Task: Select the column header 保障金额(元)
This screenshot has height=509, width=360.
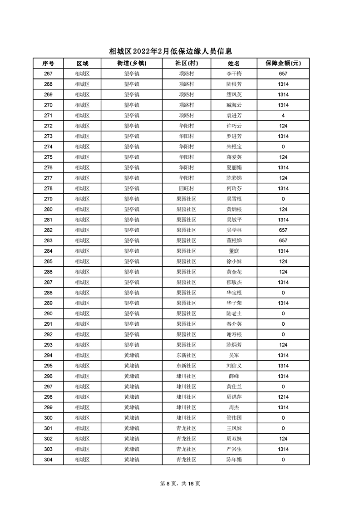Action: (x=283, y=63)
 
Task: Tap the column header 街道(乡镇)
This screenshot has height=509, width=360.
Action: (x=132, y=63)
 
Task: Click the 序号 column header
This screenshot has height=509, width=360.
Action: (x=48, y=63)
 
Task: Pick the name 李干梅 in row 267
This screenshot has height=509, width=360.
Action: (x=234, y=73)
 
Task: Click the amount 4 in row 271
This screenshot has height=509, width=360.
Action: (x=283, y=115)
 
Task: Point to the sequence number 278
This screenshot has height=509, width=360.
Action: (x=48, y=188)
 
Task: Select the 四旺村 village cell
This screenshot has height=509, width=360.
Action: (x=186, y=188)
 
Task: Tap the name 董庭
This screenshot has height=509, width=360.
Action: (x=234, y=251)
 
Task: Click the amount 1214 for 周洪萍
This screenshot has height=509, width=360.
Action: (x=283, y=397)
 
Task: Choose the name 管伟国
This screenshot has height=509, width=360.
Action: (x=234, y=418)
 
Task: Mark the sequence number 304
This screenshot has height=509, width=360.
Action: (x=48, y=460)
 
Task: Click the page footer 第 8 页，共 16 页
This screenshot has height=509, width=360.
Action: (x=180, y=484)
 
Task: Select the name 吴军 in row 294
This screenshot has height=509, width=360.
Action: (x=234, y=355)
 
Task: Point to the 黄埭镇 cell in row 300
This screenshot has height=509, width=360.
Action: (x=132, y=418)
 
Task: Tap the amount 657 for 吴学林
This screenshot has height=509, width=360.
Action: (x=283, y=230)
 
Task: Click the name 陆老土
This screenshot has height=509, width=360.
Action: (x=234, y=313)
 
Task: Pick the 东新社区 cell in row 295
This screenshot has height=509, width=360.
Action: (x=186, y=366)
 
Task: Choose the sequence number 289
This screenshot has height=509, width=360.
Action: (x=48, y=303)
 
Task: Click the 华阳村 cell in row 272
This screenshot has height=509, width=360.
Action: (x=186, y=126)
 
